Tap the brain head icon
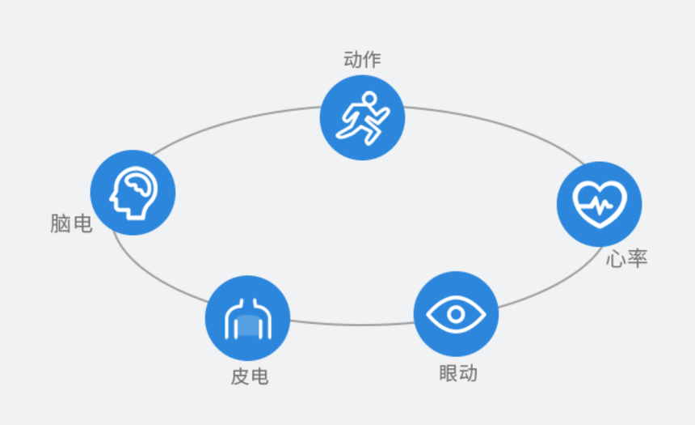(x=133, y=193)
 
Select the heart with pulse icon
(x=600, y=204)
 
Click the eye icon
(x=456, y=314)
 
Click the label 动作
(x=362, y=60)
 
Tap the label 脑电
(x=71, y=223)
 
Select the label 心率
(x=627, y=258)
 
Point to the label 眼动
(x=458, y=373)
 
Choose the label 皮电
(x=250, y=376)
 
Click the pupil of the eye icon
(x=456, y=314)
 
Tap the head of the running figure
(x=369, y=99)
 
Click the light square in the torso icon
(x=248, y=325)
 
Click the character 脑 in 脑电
(x=61, y=223)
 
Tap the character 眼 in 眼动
(x=449, y=373)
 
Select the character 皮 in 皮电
(x=240, y=376)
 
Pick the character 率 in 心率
(x=638, y=258)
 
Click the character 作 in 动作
(x=372, y=60)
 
